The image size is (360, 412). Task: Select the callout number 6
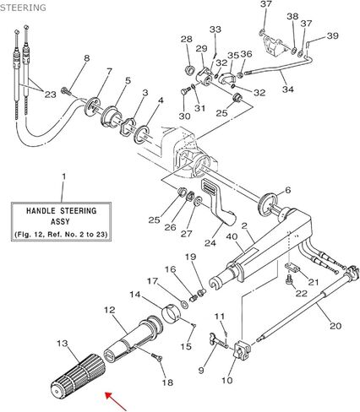coord(287,190)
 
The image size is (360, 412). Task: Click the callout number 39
coord(332,35)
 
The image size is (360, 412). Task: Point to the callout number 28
coord(186,40)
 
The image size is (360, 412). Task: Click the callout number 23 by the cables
coord(49,95)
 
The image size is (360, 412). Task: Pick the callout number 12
coord(110,311)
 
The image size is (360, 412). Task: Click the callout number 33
coord(215,30)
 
